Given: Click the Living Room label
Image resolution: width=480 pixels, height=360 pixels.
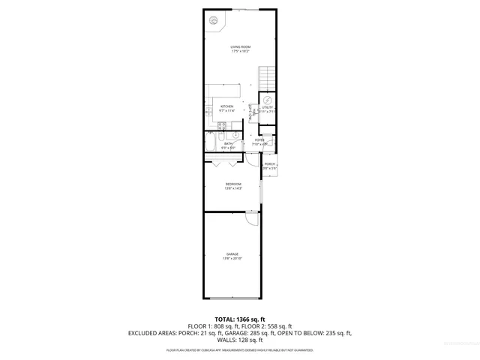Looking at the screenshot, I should [240, 47].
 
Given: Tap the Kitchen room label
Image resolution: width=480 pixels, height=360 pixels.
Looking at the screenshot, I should [226, 106].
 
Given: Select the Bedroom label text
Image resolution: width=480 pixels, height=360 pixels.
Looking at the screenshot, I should [233, 184].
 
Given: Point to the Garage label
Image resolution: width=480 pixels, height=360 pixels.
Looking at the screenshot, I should [233, 254].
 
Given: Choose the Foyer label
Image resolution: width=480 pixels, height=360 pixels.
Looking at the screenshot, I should [259, 140].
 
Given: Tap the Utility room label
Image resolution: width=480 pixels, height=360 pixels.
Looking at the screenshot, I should [267, 108].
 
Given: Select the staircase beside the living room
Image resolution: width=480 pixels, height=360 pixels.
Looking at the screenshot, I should [266, 77].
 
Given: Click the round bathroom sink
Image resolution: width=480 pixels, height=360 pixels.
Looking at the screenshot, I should [235, 136].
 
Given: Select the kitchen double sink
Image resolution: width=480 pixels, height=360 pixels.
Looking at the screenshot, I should [208, 111].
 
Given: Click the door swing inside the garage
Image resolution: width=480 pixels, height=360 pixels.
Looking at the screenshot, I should [253, 218].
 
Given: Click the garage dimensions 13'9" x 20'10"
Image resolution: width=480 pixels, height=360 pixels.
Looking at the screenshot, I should [232, 259].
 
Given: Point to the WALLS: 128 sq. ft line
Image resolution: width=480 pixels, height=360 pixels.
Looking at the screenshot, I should [240, 339].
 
